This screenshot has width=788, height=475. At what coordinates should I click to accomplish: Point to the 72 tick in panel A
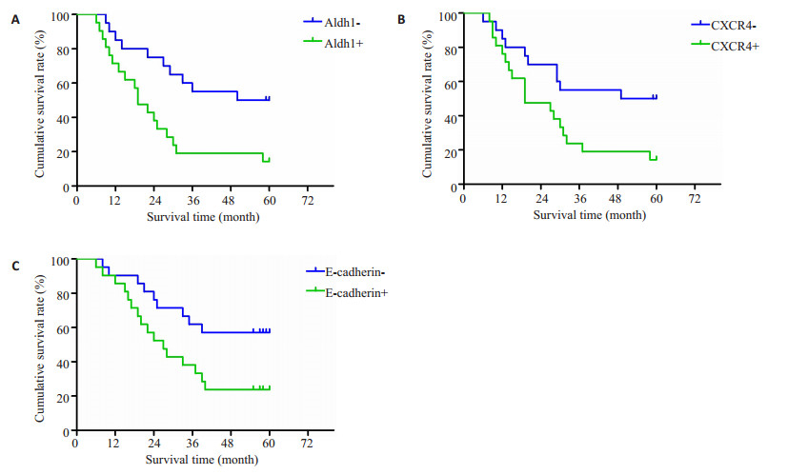(308, 202)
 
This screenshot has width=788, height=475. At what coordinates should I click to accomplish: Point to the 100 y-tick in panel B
(449, 16)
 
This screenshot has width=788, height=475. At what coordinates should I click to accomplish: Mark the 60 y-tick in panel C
(63, 328)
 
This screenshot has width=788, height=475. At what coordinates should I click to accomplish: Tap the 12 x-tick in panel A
(115, 202)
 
